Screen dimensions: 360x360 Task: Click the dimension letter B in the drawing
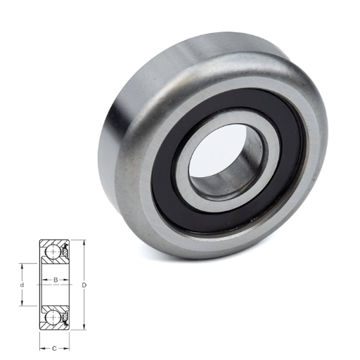56,280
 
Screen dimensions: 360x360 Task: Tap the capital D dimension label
84,285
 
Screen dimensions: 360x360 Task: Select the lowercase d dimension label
22,285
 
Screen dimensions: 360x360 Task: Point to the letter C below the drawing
54,349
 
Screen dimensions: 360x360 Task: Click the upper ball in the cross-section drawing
53,251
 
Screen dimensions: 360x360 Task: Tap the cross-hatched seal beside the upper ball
65,251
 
